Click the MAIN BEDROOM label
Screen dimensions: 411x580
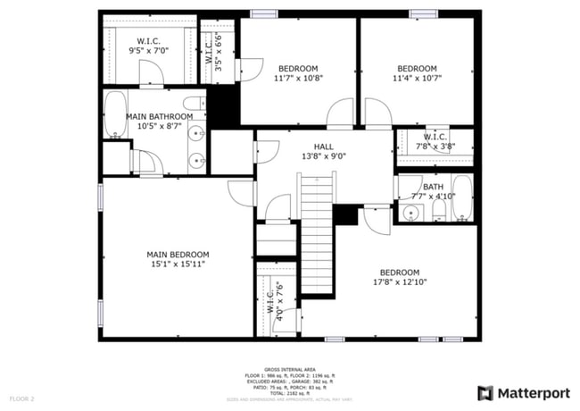pos(178,255)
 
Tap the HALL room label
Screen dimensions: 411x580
pos(323,147)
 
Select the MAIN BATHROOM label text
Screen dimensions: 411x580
pos(159,116)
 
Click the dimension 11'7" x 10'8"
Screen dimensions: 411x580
pos(297,78)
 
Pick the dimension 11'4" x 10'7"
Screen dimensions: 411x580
pos(417,78)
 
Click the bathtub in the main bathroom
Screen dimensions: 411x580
pos(115,115)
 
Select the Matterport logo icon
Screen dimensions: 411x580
pos(485,392)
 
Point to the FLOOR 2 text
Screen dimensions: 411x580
pos(21,398)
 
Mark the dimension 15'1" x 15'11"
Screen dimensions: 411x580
pos(178,264)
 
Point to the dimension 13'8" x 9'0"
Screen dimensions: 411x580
pos(323,156)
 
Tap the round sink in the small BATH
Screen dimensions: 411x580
pos(411,213)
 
